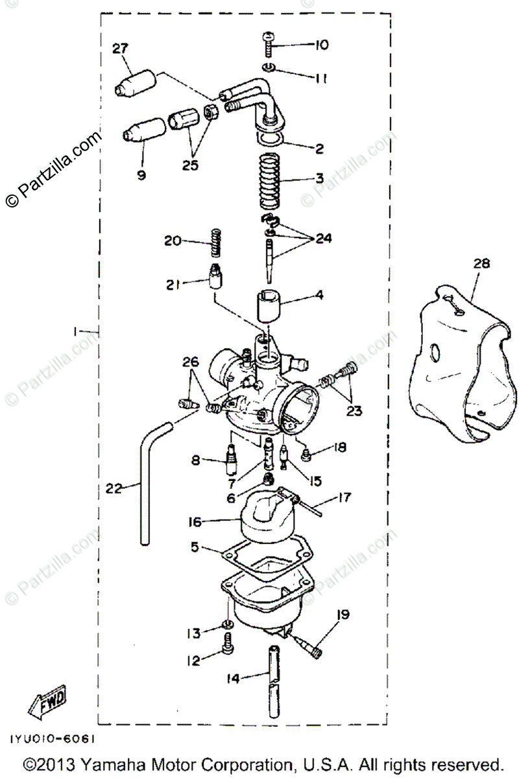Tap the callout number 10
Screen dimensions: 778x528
[x=322, y=45]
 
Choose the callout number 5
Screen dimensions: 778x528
[x=195, y=548]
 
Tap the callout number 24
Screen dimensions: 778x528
[x=323, y=239]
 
